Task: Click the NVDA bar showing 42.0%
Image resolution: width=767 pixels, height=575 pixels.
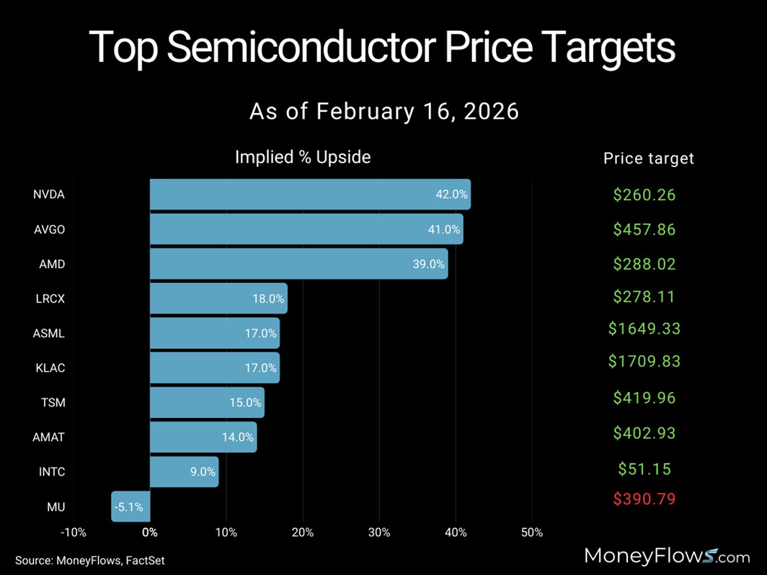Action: [310, 195]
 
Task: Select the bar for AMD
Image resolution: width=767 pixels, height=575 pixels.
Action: [298, 264]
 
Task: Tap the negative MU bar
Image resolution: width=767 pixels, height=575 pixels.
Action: [130, 507]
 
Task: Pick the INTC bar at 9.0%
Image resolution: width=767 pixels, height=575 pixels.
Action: [184, 472]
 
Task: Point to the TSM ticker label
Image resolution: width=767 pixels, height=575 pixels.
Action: [53, 403]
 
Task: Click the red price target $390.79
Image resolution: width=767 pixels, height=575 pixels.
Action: [644, 499]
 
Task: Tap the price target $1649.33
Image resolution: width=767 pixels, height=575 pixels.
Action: [644, 329]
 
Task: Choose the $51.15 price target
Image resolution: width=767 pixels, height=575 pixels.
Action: [644, 469]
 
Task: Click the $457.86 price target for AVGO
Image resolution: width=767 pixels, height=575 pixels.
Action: [644, 229]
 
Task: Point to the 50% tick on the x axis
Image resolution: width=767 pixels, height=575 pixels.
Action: [531, 533]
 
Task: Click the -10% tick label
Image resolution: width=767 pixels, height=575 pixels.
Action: [74, 533]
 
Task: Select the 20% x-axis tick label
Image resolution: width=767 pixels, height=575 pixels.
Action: [303, 533]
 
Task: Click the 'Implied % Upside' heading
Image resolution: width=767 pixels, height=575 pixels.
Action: [303, 157]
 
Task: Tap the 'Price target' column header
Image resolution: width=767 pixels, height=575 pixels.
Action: [648, 159]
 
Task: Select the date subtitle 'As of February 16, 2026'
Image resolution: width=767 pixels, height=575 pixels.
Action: [383, 112]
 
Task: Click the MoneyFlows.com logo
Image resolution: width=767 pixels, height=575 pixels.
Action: [666, 556]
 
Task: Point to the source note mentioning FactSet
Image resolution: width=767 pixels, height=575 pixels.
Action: [90, 560]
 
